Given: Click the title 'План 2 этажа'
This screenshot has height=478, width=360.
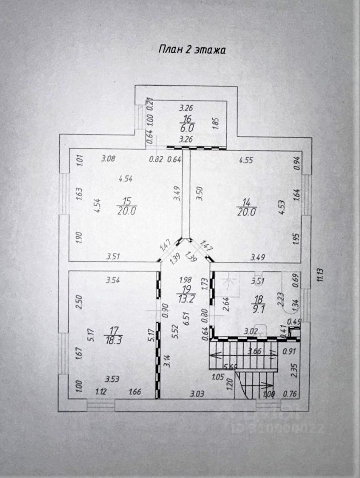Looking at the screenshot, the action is (x=192, y=50).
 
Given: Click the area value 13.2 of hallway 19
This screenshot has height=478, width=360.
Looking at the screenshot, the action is (x=186, y=298).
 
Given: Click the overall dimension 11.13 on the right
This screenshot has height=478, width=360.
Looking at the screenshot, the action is (x=320, y=280).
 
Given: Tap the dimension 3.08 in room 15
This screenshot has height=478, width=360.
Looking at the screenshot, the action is (x=108, y=159).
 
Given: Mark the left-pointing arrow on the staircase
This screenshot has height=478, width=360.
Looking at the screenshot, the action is (x=215, y=355).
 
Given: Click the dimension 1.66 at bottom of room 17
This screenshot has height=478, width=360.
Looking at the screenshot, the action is (x=134, y=392).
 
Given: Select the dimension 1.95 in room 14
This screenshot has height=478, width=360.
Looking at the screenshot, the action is (x=297, y=239).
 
